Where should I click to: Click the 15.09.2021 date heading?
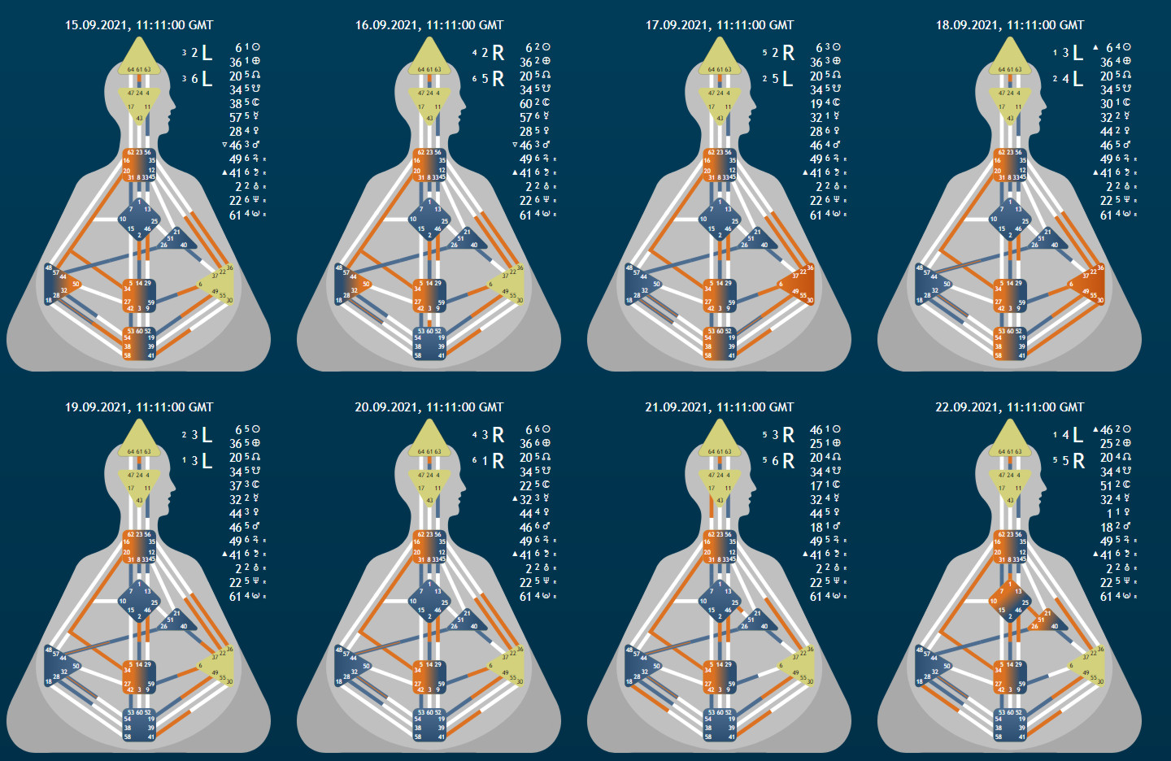click(139, 25)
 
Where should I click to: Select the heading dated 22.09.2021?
click(1009, 407)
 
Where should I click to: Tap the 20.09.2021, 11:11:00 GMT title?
click(429, 407)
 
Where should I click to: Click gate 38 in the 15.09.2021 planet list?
click(235, 103)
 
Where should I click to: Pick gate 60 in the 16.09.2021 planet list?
click(525, 103)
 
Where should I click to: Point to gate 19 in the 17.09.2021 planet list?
click(816, 103)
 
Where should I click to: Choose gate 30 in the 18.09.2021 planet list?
click(1106, 103)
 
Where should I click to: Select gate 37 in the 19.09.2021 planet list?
click(235, 485)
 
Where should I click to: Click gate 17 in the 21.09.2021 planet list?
click(816, 485)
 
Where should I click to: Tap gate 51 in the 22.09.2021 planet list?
click(1106, 485)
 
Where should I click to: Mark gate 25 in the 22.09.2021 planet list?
click(1106, 443)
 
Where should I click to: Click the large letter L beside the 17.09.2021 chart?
click(787, 79)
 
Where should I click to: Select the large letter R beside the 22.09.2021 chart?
click(1078, 461)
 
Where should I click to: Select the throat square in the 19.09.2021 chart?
click(139, 547)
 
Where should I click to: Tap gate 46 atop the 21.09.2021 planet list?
click(816, 429)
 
